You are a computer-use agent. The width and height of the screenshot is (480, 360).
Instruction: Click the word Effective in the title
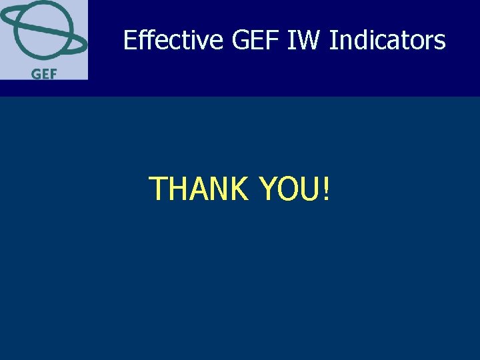tap(173, 41)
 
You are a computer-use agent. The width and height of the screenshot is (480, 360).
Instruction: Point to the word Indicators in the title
tap(387, 41)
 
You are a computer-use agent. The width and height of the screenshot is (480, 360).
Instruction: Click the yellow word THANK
tap(198, 189)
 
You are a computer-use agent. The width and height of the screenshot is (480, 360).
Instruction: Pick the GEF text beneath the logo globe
tap(43, 73)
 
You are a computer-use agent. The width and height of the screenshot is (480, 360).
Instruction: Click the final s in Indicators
tap(440, 42)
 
